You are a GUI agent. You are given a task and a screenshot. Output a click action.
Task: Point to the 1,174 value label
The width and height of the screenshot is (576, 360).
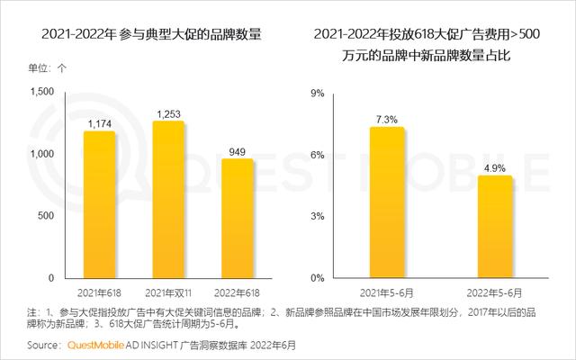(x=100, y=123)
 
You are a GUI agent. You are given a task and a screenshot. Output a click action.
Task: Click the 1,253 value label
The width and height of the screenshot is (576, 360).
(x=169, y=114)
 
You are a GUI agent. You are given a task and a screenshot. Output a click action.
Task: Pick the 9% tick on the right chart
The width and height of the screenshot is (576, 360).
(x=317, y=93)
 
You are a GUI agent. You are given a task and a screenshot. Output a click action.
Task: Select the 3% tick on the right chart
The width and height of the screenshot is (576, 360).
(x=317, y=216)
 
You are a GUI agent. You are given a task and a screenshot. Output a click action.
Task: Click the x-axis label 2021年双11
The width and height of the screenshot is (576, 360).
(x=169, y=292)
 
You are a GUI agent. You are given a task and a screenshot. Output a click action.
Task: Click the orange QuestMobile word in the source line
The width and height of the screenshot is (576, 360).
(x=94, y=345)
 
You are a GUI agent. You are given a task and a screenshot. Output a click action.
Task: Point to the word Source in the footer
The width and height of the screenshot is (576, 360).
(x=44, y=345)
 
